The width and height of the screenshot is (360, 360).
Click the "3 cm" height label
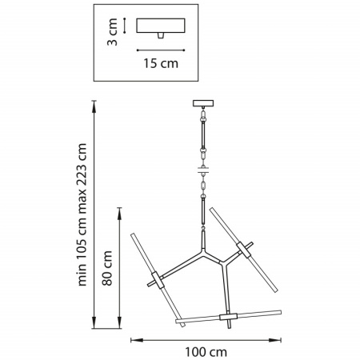pos(112,32)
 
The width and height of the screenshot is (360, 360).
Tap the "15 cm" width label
pos(161,63)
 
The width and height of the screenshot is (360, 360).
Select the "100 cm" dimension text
pos(206,352)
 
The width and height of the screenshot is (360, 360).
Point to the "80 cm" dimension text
pos(107,268)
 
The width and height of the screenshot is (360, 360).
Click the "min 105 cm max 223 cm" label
pos(82,214)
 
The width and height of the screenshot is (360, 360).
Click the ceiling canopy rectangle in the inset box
pos(161,26)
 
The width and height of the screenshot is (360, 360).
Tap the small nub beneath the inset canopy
pos(160,36)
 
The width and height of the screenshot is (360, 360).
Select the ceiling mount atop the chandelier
pos(203,103)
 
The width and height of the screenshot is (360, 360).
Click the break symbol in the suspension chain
pos(203,170)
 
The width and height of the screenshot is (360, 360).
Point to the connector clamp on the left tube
pos(158,280)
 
